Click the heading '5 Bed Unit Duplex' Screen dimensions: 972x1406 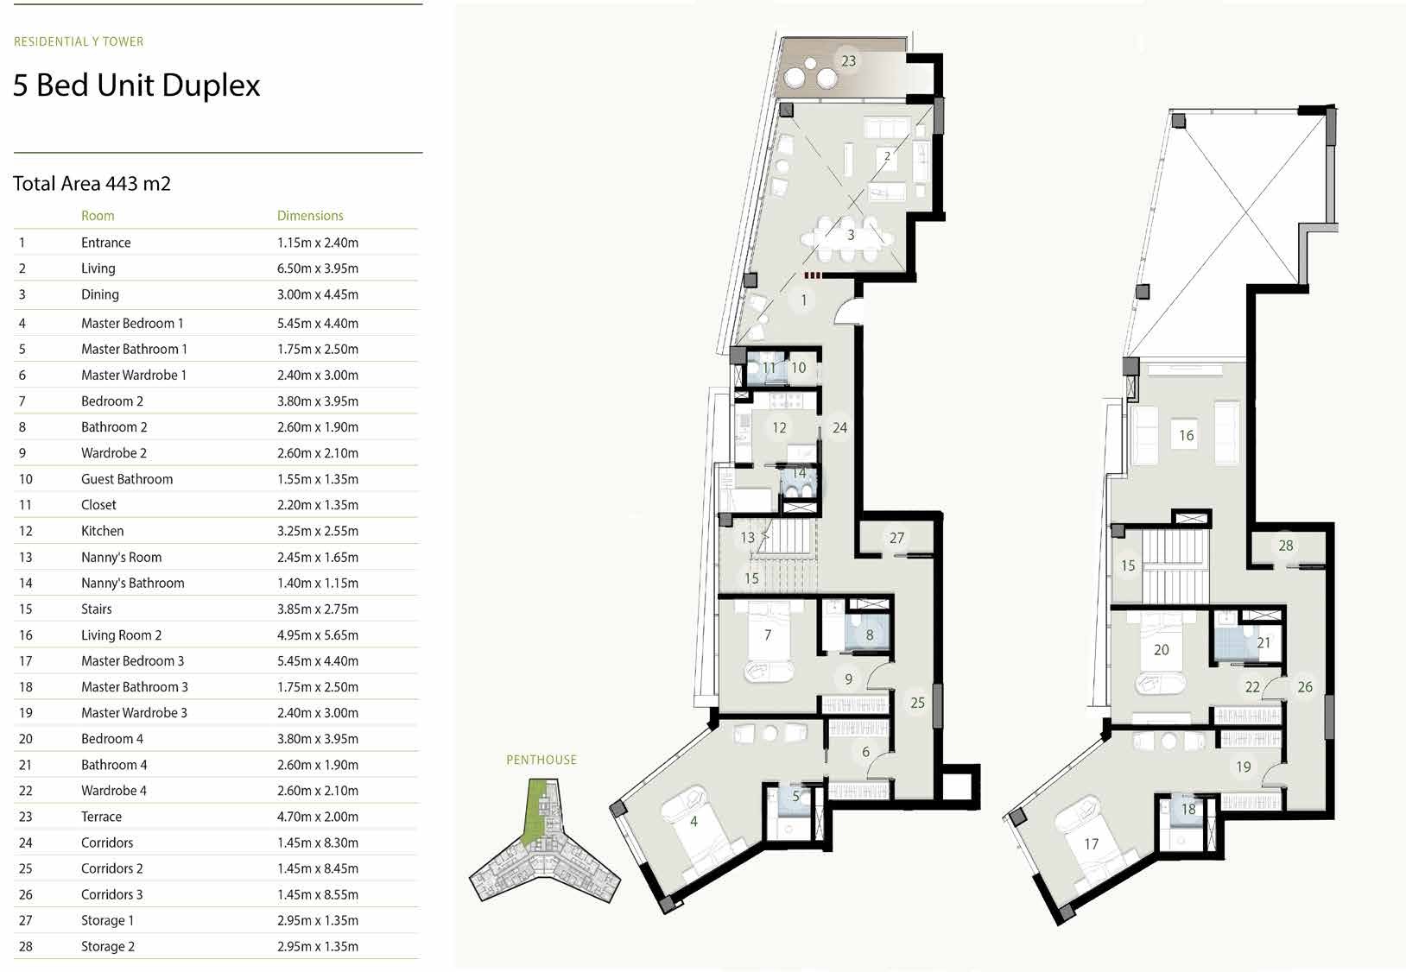point(136,85)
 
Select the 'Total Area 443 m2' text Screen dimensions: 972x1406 point(92,183)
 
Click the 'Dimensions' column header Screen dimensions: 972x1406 point(310,216)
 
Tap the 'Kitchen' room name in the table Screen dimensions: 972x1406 point(102,531)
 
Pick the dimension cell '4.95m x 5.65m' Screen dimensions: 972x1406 point(317,635)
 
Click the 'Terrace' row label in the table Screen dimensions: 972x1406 point(101,817)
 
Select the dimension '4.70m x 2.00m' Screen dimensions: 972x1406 point(317,817)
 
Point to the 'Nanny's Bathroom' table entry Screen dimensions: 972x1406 point(132,584)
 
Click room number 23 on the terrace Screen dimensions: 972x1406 point(848,61)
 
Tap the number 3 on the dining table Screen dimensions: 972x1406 point(850,235)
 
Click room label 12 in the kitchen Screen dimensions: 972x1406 point(779,427)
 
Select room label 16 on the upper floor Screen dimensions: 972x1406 point(1186,436)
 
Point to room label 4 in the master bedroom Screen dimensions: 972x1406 point(693,822)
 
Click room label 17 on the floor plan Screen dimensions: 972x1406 point(1091,844)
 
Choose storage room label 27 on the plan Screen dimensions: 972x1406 point(896,538)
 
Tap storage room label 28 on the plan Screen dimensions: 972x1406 point(1285,546)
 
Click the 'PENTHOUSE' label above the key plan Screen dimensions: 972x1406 point(541,760)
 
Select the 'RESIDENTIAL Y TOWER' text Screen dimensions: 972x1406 point(79,41)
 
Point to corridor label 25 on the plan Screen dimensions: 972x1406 point(917,703)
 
